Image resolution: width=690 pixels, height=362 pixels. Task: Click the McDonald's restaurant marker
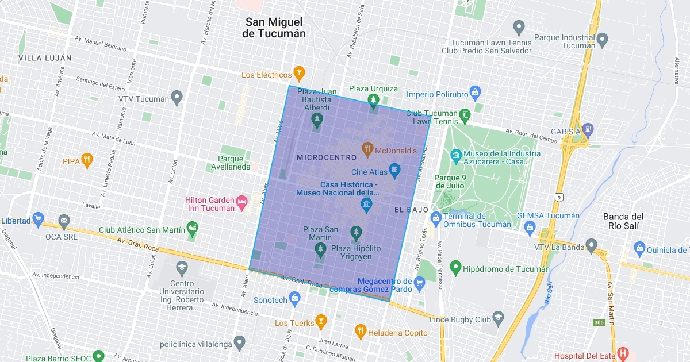click(x=367, y=151)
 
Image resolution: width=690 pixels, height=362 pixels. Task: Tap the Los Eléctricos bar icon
click(x=299, y=74)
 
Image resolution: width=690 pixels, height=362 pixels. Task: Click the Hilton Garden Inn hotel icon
click(x=242, y=201)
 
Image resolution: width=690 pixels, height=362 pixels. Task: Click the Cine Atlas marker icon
click(x=394, y=171)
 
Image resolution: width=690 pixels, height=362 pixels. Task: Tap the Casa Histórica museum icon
click(x=366, y=205)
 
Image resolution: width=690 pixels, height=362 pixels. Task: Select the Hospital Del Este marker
click(x=622, y=353)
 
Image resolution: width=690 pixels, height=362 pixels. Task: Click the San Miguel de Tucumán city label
click(x=274, y=28)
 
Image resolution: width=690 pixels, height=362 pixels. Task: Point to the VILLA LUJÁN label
click(x=45, y=58)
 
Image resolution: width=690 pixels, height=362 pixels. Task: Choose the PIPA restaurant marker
click(x=87, y=160)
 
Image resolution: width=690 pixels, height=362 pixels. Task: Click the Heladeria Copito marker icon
click(x=361, y=332)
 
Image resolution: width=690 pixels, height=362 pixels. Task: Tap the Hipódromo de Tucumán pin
click(x=455, y=267)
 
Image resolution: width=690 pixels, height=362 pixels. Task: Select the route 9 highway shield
click(x=558, y=197)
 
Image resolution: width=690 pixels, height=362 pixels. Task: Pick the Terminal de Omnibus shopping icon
click(x=436, y=218)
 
